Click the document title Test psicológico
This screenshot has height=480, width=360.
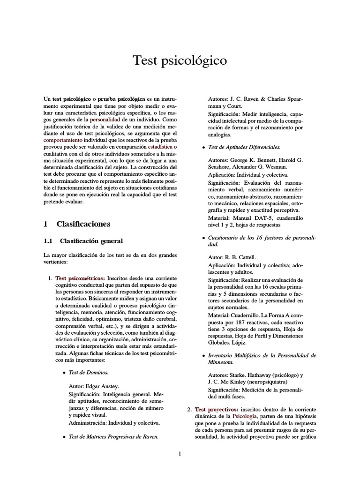click(180, 60)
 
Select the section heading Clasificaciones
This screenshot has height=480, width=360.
click(83, 224)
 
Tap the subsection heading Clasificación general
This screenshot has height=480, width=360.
click(91, 241)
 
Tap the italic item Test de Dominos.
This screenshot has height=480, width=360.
click(88, 373)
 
